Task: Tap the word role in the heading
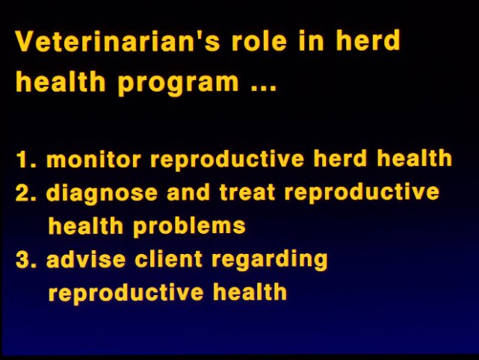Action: (x=259, y=40)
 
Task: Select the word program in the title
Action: (x=178, y=83)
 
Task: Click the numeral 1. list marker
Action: (x=26, y=159)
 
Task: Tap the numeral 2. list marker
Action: (x=26, y=193)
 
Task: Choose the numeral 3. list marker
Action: (x=26, y=260)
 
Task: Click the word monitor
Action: (x=93, y=159)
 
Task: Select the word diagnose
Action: (x=102, y=193)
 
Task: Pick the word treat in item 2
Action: (x=247, y=193)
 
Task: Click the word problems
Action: (x=189, y=226)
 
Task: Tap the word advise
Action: (x=86, y=259)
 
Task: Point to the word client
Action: (x=168, y=259)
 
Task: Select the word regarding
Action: (x=270, y=261)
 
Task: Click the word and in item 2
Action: (x=188, y=193)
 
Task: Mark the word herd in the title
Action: (x=368, y=40)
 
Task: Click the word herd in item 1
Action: (x=340, y=158)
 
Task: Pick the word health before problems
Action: (x=86, y=226)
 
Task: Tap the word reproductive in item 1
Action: (x=227, y=160)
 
